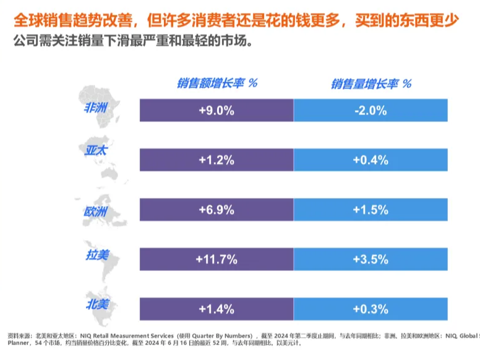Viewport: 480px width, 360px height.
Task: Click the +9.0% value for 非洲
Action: click(216, 111)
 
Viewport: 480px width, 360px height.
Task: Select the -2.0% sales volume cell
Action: click(371, 111)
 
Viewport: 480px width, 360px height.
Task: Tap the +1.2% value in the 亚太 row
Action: click(216, 160)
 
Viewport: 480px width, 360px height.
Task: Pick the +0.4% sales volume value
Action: click(371, 160)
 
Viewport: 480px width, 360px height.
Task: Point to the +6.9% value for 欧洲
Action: click(216, 210)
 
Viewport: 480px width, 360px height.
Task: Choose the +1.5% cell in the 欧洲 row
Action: click(371, 210)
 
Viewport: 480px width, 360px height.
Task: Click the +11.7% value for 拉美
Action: click(216, 259)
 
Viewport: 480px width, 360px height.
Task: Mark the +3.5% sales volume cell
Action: click(371, 259)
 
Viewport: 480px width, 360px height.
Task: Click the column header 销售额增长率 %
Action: click(217, 83)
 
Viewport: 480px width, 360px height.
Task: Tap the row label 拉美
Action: click(97, 255)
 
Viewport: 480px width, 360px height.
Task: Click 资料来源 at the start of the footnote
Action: click(20, 335)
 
